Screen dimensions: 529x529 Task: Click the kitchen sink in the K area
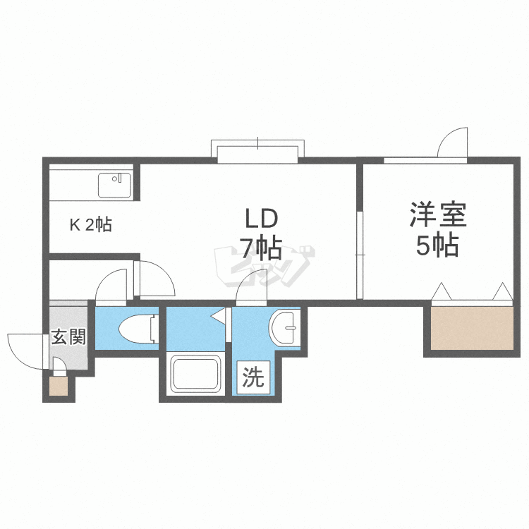tap(114, 186)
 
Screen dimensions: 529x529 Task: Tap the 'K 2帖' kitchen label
tap(91, 224)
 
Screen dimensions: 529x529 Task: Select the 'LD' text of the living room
tap(261, 218)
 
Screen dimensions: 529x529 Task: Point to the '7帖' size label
tap(260, 249)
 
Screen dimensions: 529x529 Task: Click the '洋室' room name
tap(438, 214)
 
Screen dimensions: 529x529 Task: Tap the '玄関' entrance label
tap(68, 336)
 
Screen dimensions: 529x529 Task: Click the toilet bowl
tap(139, 329)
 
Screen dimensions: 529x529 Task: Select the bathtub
tap(195, 373)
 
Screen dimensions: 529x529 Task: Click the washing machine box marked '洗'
tap(253, 377)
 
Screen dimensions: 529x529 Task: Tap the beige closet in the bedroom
tap(473, 328)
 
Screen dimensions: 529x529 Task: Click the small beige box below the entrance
tap(59, 387)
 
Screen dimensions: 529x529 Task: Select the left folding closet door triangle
tap(442, 291)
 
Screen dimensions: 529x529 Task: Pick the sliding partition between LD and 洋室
tap(360, 255)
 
